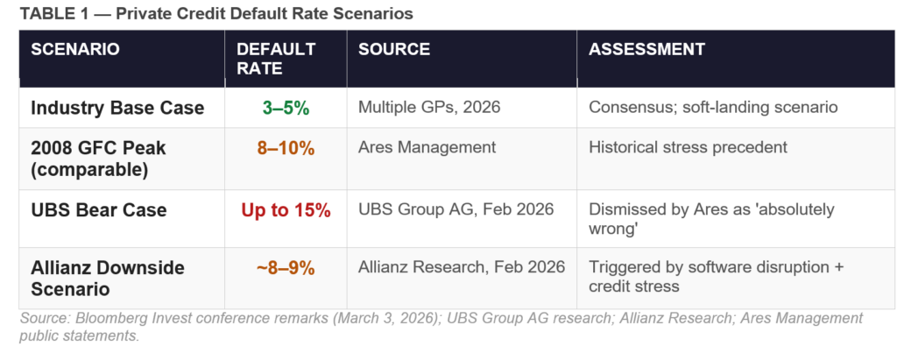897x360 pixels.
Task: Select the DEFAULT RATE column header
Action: coord(276,58)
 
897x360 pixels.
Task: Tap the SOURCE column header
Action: coord(394,49)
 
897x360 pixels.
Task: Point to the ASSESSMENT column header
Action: coord(646,49)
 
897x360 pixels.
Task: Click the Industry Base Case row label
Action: coord(117,108)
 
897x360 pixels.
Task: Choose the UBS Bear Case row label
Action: coord(99,210)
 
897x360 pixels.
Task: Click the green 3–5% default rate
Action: coord(286,108)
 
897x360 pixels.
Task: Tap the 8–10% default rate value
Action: coord(286,148)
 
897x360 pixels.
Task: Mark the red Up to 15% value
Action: coord(286,210)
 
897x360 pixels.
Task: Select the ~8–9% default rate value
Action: coord(286,268)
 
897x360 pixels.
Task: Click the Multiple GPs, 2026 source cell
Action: coord(430,108)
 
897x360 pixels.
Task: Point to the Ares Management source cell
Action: coord(427,148)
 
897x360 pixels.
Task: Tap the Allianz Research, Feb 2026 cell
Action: coord(462,267)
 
